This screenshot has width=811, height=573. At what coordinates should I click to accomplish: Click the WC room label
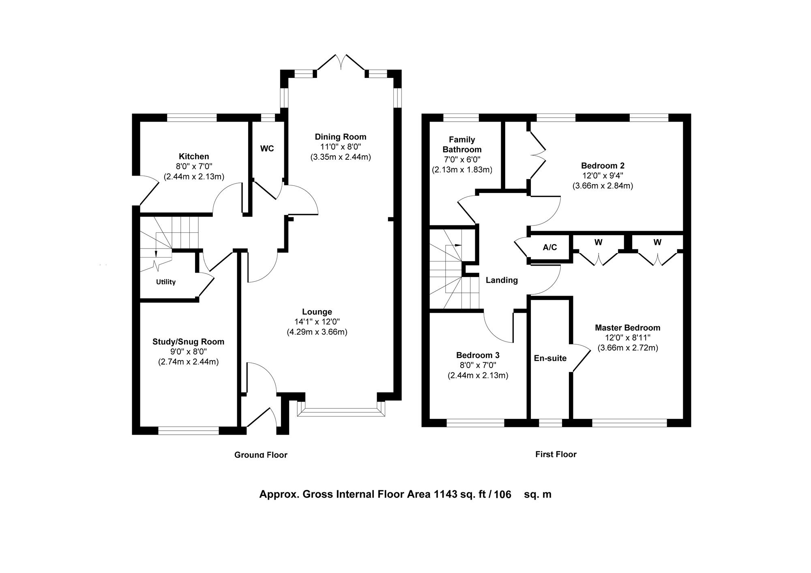pyautogui.click(x=267, y=149)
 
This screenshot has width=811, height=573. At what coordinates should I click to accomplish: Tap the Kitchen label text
pyautogui.click(x=194, y=157)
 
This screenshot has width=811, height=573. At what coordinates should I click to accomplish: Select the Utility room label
pyautogui.click(x=166, y=282)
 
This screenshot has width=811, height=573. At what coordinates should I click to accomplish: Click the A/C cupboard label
pyautogui.click(x=550, y=247)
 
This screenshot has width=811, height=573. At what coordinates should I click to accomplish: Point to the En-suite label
pyautogui.click(x=550, y=358)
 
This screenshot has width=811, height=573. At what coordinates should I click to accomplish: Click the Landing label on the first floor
pyautogui.click(x=502, y=280)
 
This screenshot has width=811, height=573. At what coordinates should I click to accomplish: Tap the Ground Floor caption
pyautogui.click(x=261, y=455)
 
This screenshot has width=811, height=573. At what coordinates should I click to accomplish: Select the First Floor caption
pyautogui.click(x=556, y=454)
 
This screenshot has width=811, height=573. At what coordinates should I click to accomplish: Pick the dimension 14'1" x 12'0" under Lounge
pyautogui.click(x=317, y=322)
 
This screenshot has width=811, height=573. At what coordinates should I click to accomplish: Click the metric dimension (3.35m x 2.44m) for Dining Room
pyautogui.click(x=341, y=157)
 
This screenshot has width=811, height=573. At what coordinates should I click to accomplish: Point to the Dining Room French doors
pyautogui.click(x=341, y=63)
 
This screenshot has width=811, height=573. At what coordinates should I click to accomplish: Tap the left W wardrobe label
pyautogui.click(x=599, y=243)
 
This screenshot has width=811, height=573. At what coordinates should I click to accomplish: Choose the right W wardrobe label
pyautogui.click(x=657, y=243)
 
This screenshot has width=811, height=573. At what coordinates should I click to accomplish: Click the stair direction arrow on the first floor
pyautogui.click(x=454, y=245)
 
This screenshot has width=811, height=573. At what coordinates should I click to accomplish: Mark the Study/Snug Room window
pyautogui.click(x=189, y=431)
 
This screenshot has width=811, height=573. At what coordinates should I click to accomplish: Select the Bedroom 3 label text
pyautogui.click(x=478, y=356)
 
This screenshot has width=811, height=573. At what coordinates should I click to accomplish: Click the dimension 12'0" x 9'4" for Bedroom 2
pyautogui.click(x=603, y=176)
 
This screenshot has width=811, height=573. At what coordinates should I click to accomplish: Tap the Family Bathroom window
pyautogui.click(x=461, y=118)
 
